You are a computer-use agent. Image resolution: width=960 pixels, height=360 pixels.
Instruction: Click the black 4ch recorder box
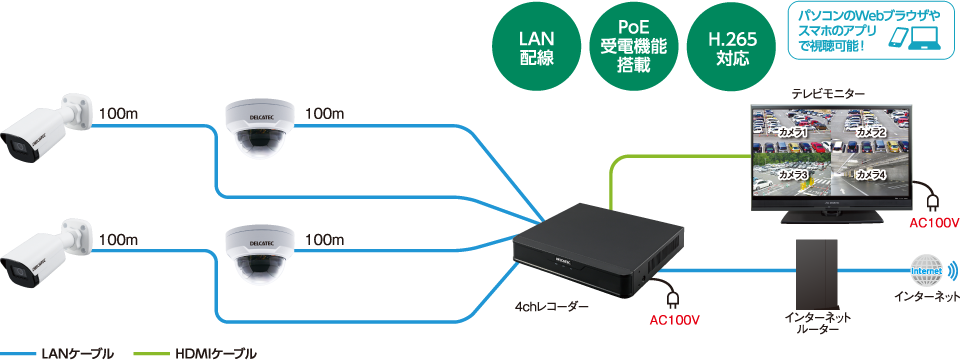[x=597, y=246]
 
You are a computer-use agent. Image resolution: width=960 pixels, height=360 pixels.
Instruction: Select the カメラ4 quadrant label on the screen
[x=870, y=175]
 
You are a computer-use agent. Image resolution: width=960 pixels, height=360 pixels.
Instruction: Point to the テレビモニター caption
[x=828, y=93]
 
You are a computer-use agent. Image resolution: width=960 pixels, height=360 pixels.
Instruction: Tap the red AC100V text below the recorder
[x=674, y=321]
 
